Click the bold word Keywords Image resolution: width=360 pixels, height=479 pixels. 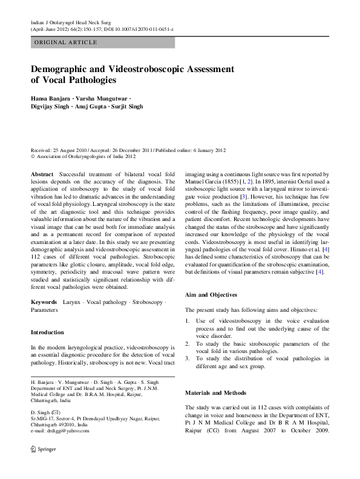44,301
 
